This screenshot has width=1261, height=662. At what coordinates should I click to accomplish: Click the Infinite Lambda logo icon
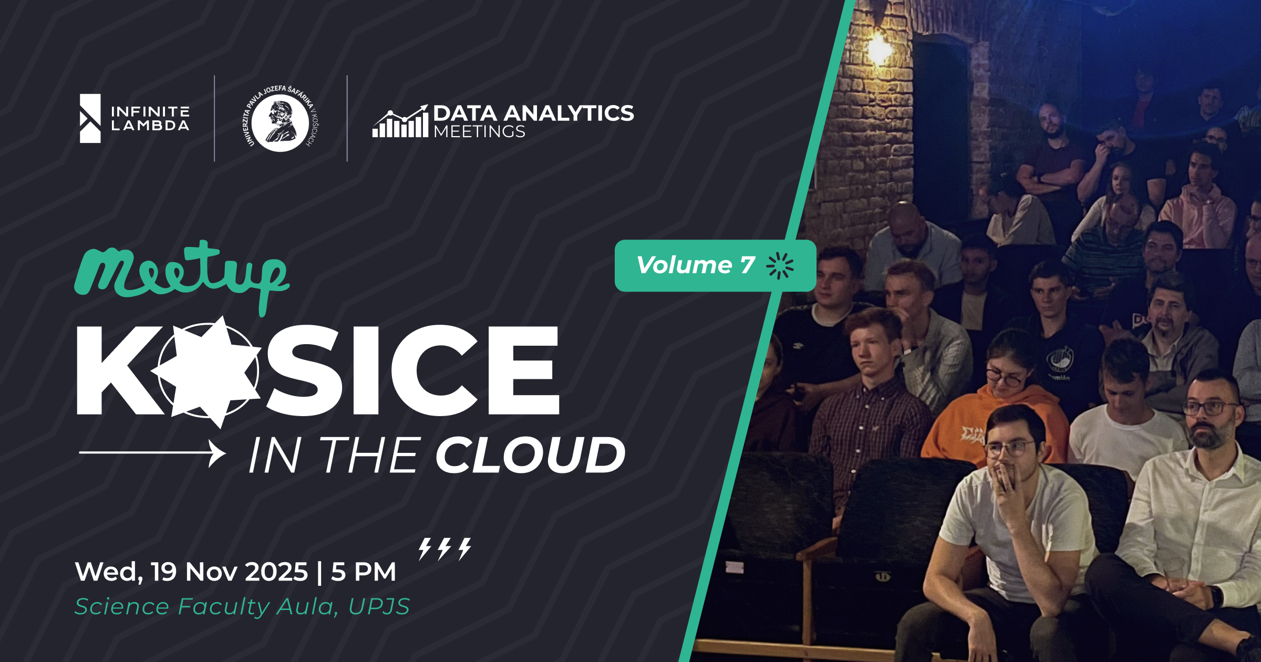tap(90, 118)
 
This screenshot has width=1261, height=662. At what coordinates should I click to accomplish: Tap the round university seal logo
tap(281, 118)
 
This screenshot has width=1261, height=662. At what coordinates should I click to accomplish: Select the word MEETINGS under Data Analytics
tap(479, 131)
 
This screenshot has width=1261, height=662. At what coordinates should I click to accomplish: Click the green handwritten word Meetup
tap(181, 277)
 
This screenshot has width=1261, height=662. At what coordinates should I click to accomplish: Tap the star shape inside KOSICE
tap(206, 371)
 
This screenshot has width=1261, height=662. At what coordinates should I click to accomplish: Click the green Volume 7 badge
tap(715, 265)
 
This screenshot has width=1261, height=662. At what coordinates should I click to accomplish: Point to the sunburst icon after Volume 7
tap(780, 265)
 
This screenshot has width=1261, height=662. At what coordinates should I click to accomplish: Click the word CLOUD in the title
tap(530, 455)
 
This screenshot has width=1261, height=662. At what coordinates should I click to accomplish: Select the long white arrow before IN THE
tap(152, 453)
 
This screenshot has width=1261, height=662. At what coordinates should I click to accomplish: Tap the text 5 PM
tap(363, 572)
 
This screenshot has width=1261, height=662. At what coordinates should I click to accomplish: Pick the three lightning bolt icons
tap(445, 549)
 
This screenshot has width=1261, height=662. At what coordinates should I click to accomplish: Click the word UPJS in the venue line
tap(379, 607)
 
